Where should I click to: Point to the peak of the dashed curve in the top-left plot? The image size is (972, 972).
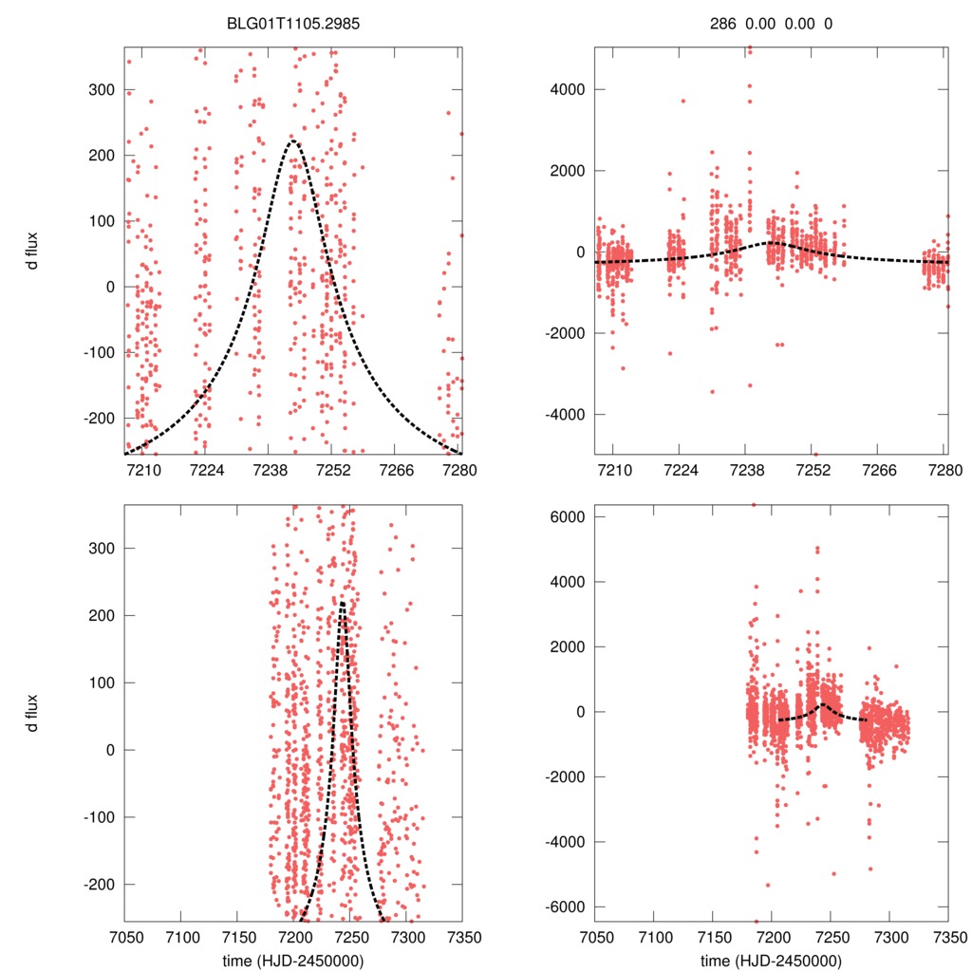point(292,141)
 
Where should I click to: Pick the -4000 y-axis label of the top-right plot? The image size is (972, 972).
point(561,415)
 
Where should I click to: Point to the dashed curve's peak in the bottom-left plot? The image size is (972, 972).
point(342,601)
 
